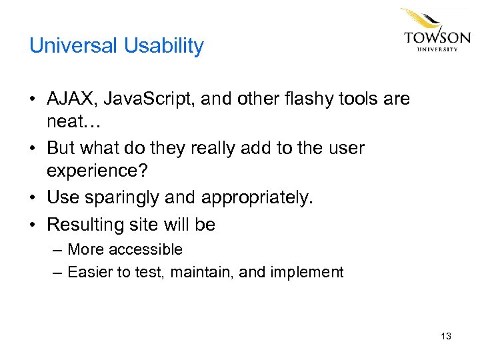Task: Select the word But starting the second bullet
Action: (x=62, y=147)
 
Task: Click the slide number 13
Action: (x=445, y=336)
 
